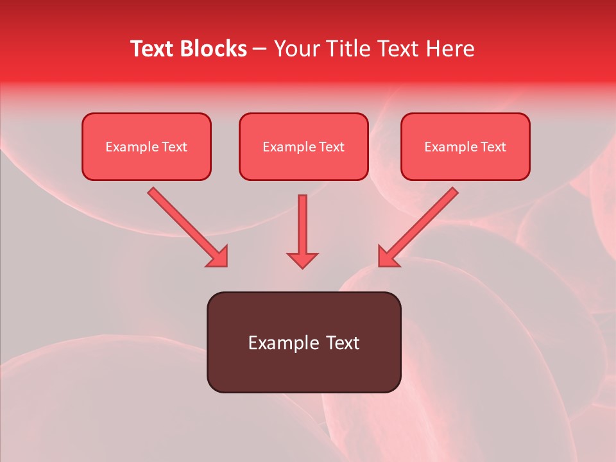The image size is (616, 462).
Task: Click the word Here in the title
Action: click(x=449, y=49)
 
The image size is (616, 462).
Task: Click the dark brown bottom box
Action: click(x=304, y=372)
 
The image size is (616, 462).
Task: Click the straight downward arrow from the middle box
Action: click(x=302, y=225)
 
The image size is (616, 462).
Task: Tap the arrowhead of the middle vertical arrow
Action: click(x=302, y=260)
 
